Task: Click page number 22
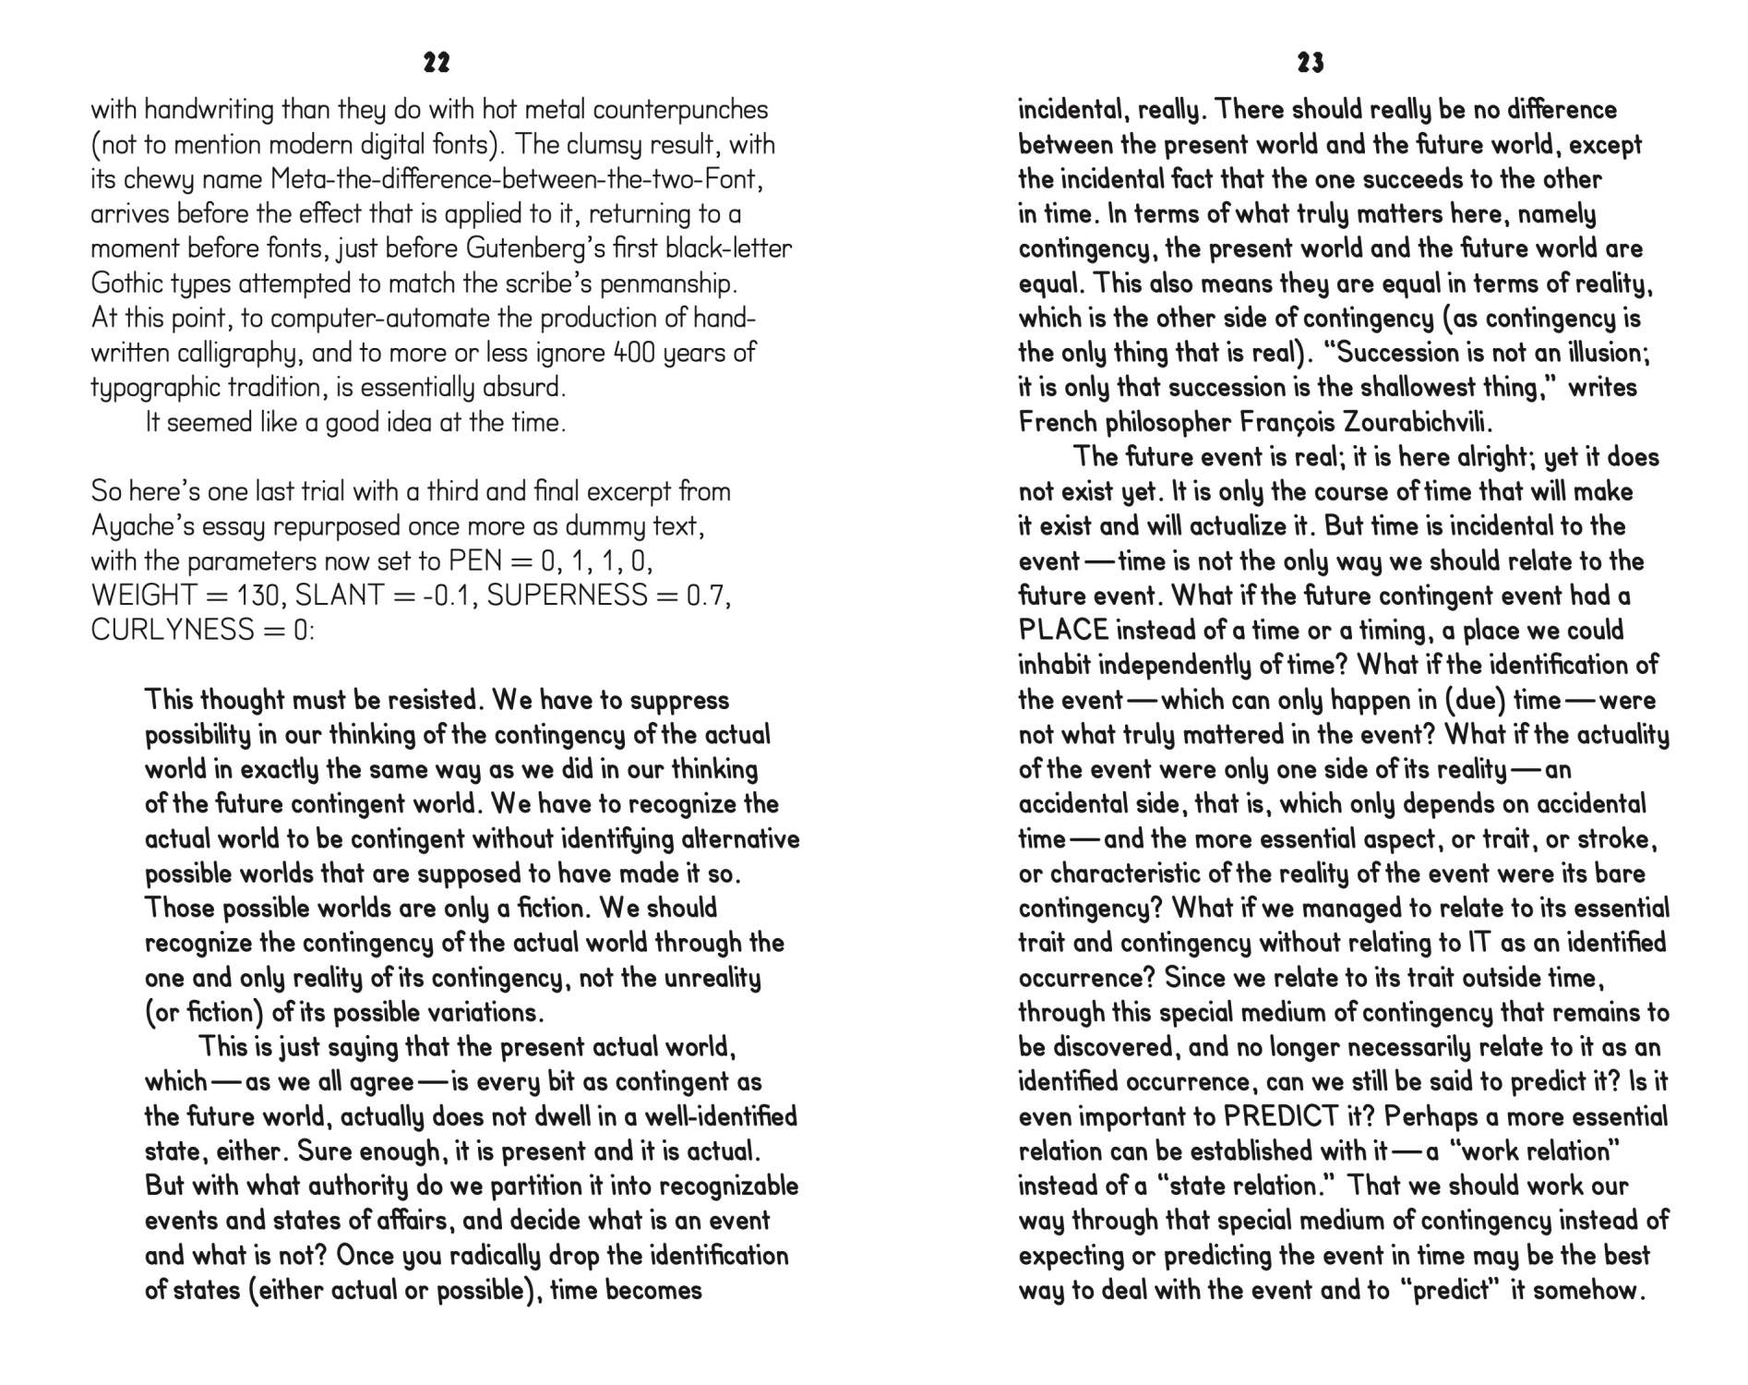tap(437, 63)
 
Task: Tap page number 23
tap(1311, 63)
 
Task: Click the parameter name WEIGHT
tap(144, 596)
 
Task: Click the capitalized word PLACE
tap(1063, 631)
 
